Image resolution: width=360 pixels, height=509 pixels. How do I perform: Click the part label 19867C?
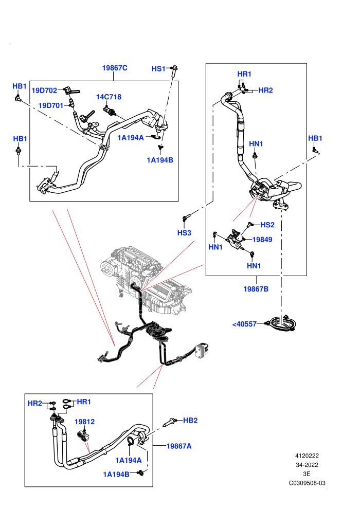[x=115, y=68]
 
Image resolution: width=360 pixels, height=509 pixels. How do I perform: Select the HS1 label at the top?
[x=158, y=68]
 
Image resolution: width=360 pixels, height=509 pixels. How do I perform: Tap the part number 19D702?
[x=44, y=90]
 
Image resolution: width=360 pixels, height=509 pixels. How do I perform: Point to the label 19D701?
[x=50, y=105]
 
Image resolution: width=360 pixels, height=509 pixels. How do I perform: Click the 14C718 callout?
[x=109, y=97]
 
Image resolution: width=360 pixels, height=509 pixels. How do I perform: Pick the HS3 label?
[x=184, y=233]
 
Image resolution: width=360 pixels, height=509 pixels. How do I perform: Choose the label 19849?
[x=262, y=240]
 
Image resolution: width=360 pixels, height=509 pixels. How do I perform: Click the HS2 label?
[x=267, y=225]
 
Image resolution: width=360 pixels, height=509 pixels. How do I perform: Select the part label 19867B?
[x=256, y=289]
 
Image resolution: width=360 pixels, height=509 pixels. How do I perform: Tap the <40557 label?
[x=244, y=324]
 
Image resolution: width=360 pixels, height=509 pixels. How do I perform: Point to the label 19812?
[x=84, y=422]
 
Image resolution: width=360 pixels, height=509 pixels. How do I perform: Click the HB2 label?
[x=190, y=421]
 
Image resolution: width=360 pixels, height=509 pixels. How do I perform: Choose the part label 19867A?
[x=179, y=446]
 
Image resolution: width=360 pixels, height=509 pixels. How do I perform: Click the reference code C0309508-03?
[x=307, y=483]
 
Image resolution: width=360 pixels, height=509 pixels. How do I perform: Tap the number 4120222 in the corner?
[x=307, y=456]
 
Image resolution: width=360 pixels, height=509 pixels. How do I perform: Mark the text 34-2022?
[x=307, y=465]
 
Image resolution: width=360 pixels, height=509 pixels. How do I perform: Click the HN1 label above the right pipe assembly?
[x=256, y=144]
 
